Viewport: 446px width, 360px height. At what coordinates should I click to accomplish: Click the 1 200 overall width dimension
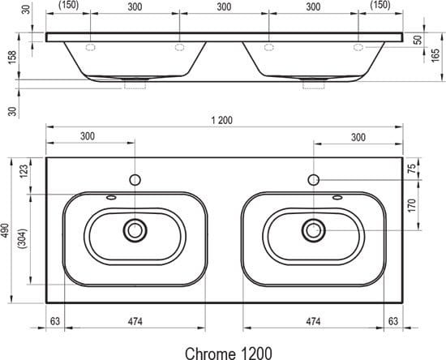point(222,120)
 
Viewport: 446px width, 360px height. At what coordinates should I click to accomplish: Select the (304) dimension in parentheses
point(22,238)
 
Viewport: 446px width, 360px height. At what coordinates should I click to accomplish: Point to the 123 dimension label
point(24,171)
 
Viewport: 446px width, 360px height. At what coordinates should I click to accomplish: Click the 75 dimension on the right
point(412,169)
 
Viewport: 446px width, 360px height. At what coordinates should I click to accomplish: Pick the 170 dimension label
point(412,205)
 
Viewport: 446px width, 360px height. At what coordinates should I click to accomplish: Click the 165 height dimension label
point(435,56)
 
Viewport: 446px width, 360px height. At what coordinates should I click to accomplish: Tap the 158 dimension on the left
point(12,57)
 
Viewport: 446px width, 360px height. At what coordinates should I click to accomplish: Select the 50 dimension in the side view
point(418,40)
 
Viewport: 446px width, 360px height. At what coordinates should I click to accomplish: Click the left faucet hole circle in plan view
point(135,180)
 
